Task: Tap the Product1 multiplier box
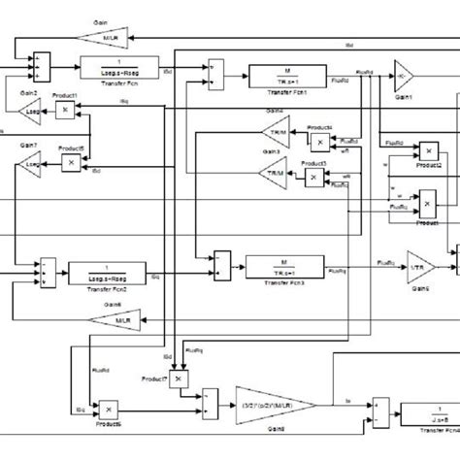[x=65, y=113]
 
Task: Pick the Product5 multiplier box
[x=71, y=163]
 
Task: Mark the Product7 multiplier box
[x=178, y=380]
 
